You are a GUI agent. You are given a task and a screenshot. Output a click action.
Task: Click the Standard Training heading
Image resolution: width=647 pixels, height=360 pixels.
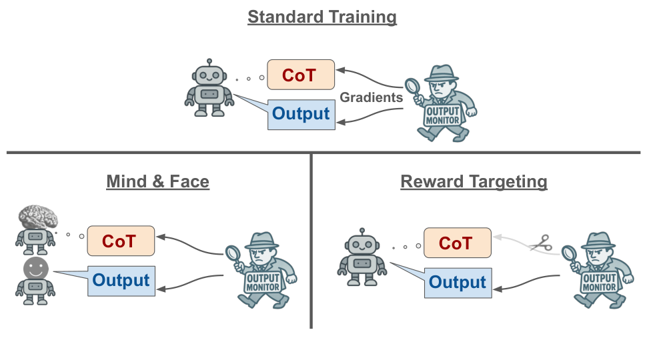322,17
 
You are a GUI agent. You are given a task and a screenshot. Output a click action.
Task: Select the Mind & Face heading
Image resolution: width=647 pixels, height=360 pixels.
157,181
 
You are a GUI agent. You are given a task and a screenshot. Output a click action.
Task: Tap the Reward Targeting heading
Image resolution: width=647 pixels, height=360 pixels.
474,182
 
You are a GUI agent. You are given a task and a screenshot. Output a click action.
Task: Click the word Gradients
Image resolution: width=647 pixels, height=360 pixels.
371,97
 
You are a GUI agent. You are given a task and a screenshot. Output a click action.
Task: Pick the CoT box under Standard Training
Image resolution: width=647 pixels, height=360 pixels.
301,75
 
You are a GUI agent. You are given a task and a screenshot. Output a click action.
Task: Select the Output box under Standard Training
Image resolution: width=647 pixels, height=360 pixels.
301,115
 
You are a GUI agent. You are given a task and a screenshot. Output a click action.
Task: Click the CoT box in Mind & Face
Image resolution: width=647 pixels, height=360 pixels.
121,241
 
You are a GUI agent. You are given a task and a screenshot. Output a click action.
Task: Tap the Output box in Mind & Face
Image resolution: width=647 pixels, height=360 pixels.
121,281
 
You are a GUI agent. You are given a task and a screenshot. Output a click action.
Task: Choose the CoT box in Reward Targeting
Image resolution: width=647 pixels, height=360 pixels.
458,243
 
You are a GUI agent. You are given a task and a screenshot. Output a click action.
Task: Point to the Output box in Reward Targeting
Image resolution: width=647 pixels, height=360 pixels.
458,283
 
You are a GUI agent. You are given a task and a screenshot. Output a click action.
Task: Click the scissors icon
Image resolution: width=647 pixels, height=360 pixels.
542,243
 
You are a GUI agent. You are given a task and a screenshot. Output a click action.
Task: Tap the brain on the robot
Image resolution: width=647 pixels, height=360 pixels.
38,217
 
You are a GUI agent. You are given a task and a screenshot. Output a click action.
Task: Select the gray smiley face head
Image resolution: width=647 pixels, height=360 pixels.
36,269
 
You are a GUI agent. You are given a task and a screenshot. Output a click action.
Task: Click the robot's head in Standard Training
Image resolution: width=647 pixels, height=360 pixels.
209,75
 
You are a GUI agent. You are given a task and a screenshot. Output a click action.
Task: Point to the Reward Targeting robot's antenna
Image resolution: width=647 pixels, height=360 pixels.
362,232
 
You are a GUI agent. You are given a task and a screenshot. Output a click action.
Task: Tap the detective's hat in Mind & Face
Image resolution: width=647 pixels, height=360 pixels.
262,240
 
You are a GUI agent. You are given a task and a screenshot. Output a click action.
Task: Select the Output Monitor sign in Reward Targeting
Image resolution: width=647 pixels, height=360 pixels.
600,283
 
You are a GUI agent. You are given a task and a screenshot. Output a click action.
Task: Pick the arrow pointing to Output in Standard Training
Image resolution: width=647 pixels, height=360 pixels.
370,116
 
